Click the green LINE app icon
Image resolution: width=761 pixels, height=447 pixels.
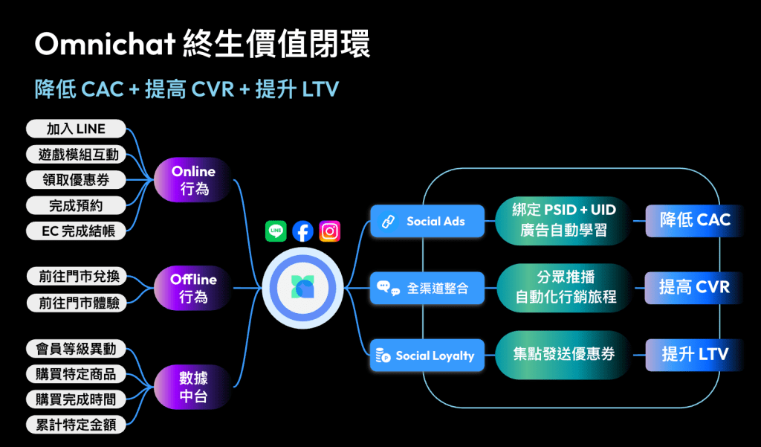[276, 231]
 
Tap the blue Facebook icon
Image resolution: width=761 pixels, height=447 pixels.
[302, 231]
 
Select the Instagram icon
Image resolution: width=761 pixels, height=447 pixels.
[329, 231]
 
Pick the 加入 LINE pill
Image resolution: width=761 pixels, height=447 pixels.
[76, 129]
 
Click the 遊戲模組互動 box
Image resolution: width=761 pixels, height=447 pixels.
[76, 155]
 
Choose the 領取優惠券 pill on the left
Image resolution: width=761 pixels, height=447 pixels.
[76, 180]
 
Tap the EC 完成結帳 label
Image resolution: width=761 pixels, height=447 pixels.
[76, 205]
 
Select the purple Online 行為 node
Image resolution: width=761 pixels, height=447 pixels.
[193, 180]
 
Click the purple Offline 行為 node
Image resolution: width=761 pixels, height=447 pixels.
[193, 288]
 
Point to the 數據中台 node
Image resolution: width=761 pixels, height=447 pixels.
[193, 387]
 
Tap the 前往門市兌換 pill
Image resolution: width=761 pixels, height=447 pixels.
[76, 277]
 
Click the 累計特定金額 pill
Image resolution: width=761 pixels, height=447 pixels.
[76, 425]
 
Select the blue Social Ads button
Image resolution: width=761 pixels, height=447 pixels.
[427, 221]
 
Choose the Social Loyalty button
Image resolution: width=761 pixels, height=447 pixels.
[427, 356]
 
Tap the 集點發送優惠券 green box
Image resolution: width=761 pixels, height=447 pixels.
[564, 354]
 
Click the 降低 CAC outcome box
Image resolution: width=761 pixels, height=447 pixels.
[694, 220]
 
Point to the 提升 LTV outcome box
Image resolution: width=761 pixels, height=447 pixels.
[694, 354]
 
